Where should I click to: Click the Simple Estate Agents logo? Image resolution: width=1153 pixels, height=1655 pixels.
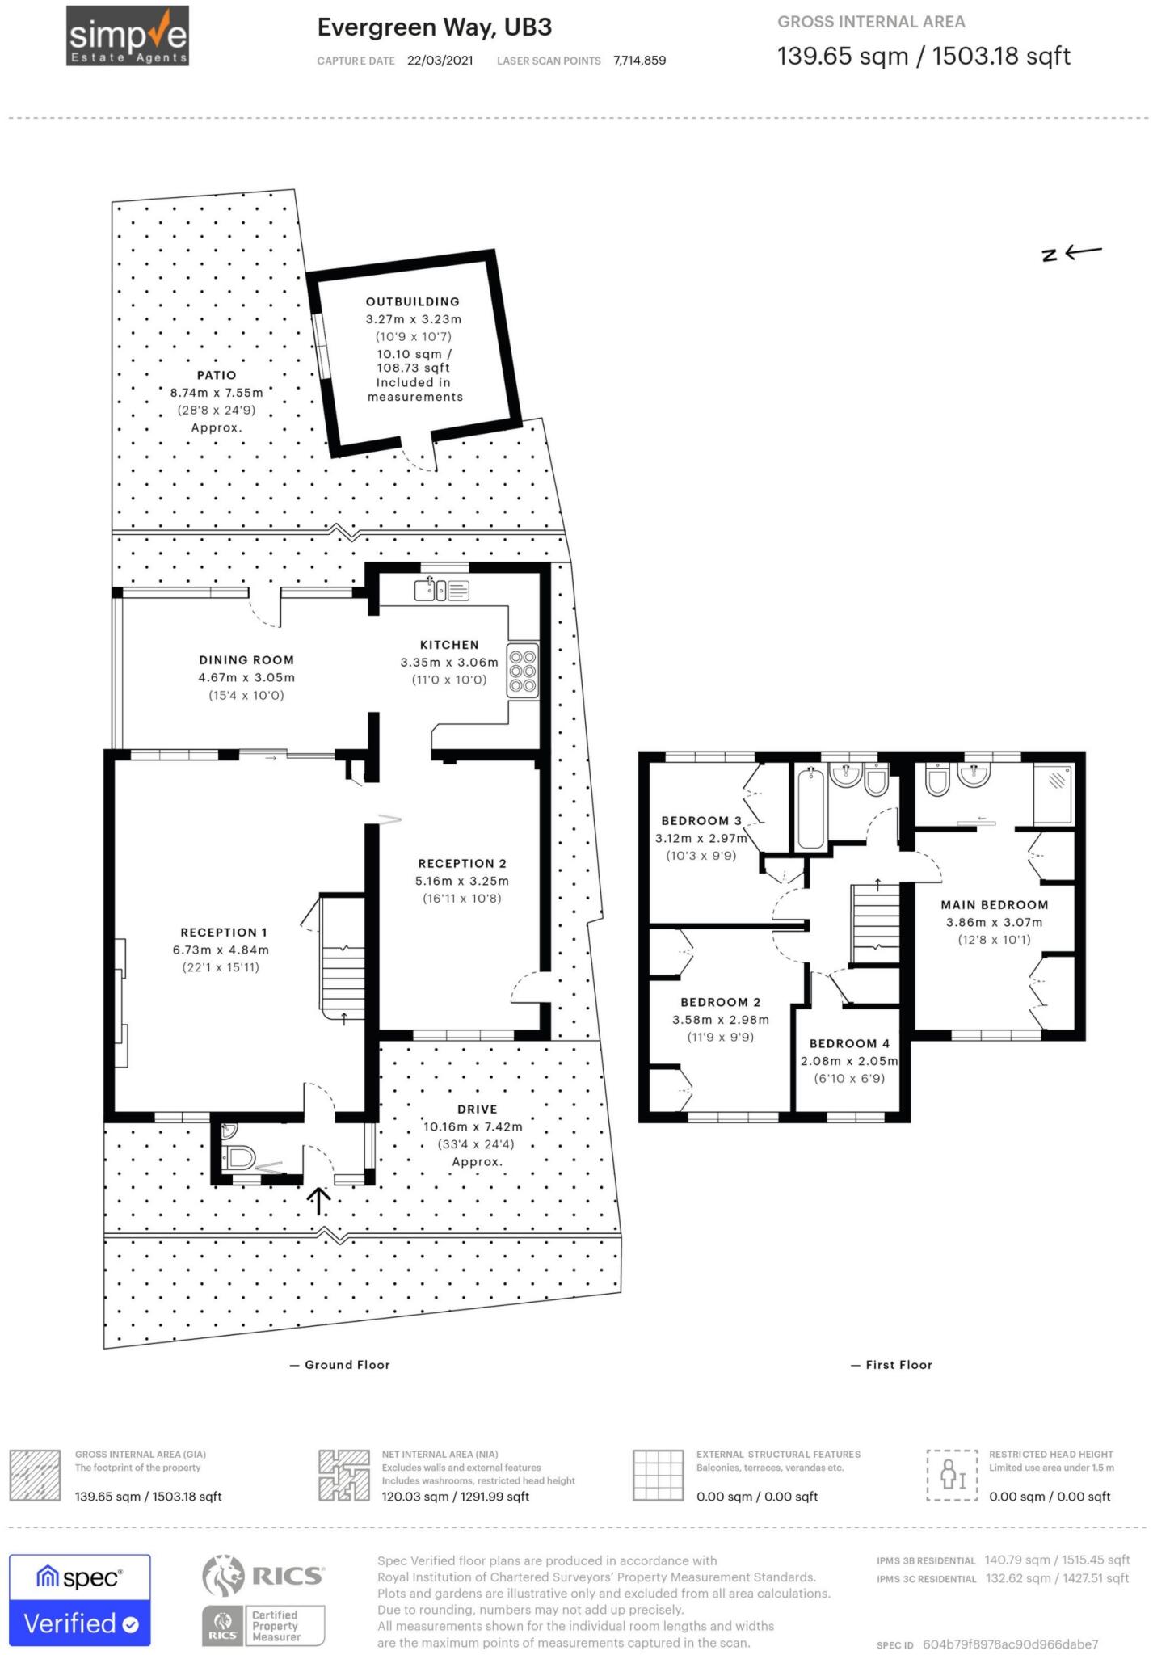click(x=128, y=36)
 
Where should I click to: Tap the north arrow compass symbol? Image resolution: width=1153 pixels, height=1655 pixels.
click(x=1071, y=253)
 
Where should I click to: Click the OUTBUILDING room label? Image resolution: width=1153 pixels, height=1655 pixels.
click(x=412, y=301)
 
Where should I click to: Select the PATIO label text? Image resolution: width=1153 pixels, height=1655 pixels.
click(x=217, y=375)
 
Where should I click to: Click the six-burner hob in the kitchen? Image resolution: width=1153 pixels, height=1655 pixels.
click(x=523, y=670)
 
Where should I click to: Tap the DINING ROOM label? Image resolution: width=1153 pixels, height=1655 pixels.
click(x=246, y=660)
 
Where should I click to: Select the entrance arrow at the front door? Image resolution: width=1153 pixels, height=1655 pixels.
click(x=319, y=1201)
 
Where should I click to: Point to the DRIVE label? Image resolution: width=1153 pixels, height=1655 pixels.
click(x=477, y=1110)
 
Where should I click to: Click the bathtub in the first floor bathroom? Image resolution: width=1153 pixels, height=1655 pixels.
click(x=810, y=808)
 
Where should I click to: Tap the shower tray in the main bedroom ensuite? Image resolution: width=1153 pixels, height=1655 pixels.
click(x=1054, y=792)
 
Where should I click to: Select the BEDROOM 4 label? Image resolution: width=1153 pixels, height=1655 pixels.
click(x=849, y=1043)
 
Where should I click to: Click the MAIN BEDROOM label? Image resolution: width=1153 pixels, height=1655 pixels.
click(x=994, y=905)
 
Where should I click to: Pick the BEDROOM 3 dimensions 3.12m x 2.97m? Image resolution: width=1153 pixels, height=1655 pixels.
click(x=701, y=838)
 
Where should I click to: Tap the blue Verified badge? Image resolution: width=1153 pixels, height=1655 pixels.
click(x=80, y=1623)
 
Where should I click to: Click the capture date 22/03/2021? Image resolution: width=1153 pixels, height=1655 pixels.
click(x=440, y=61)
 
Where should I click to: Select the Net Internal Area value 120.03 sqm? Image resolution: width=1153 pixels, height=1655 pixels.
click(x=414, y=1497)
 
